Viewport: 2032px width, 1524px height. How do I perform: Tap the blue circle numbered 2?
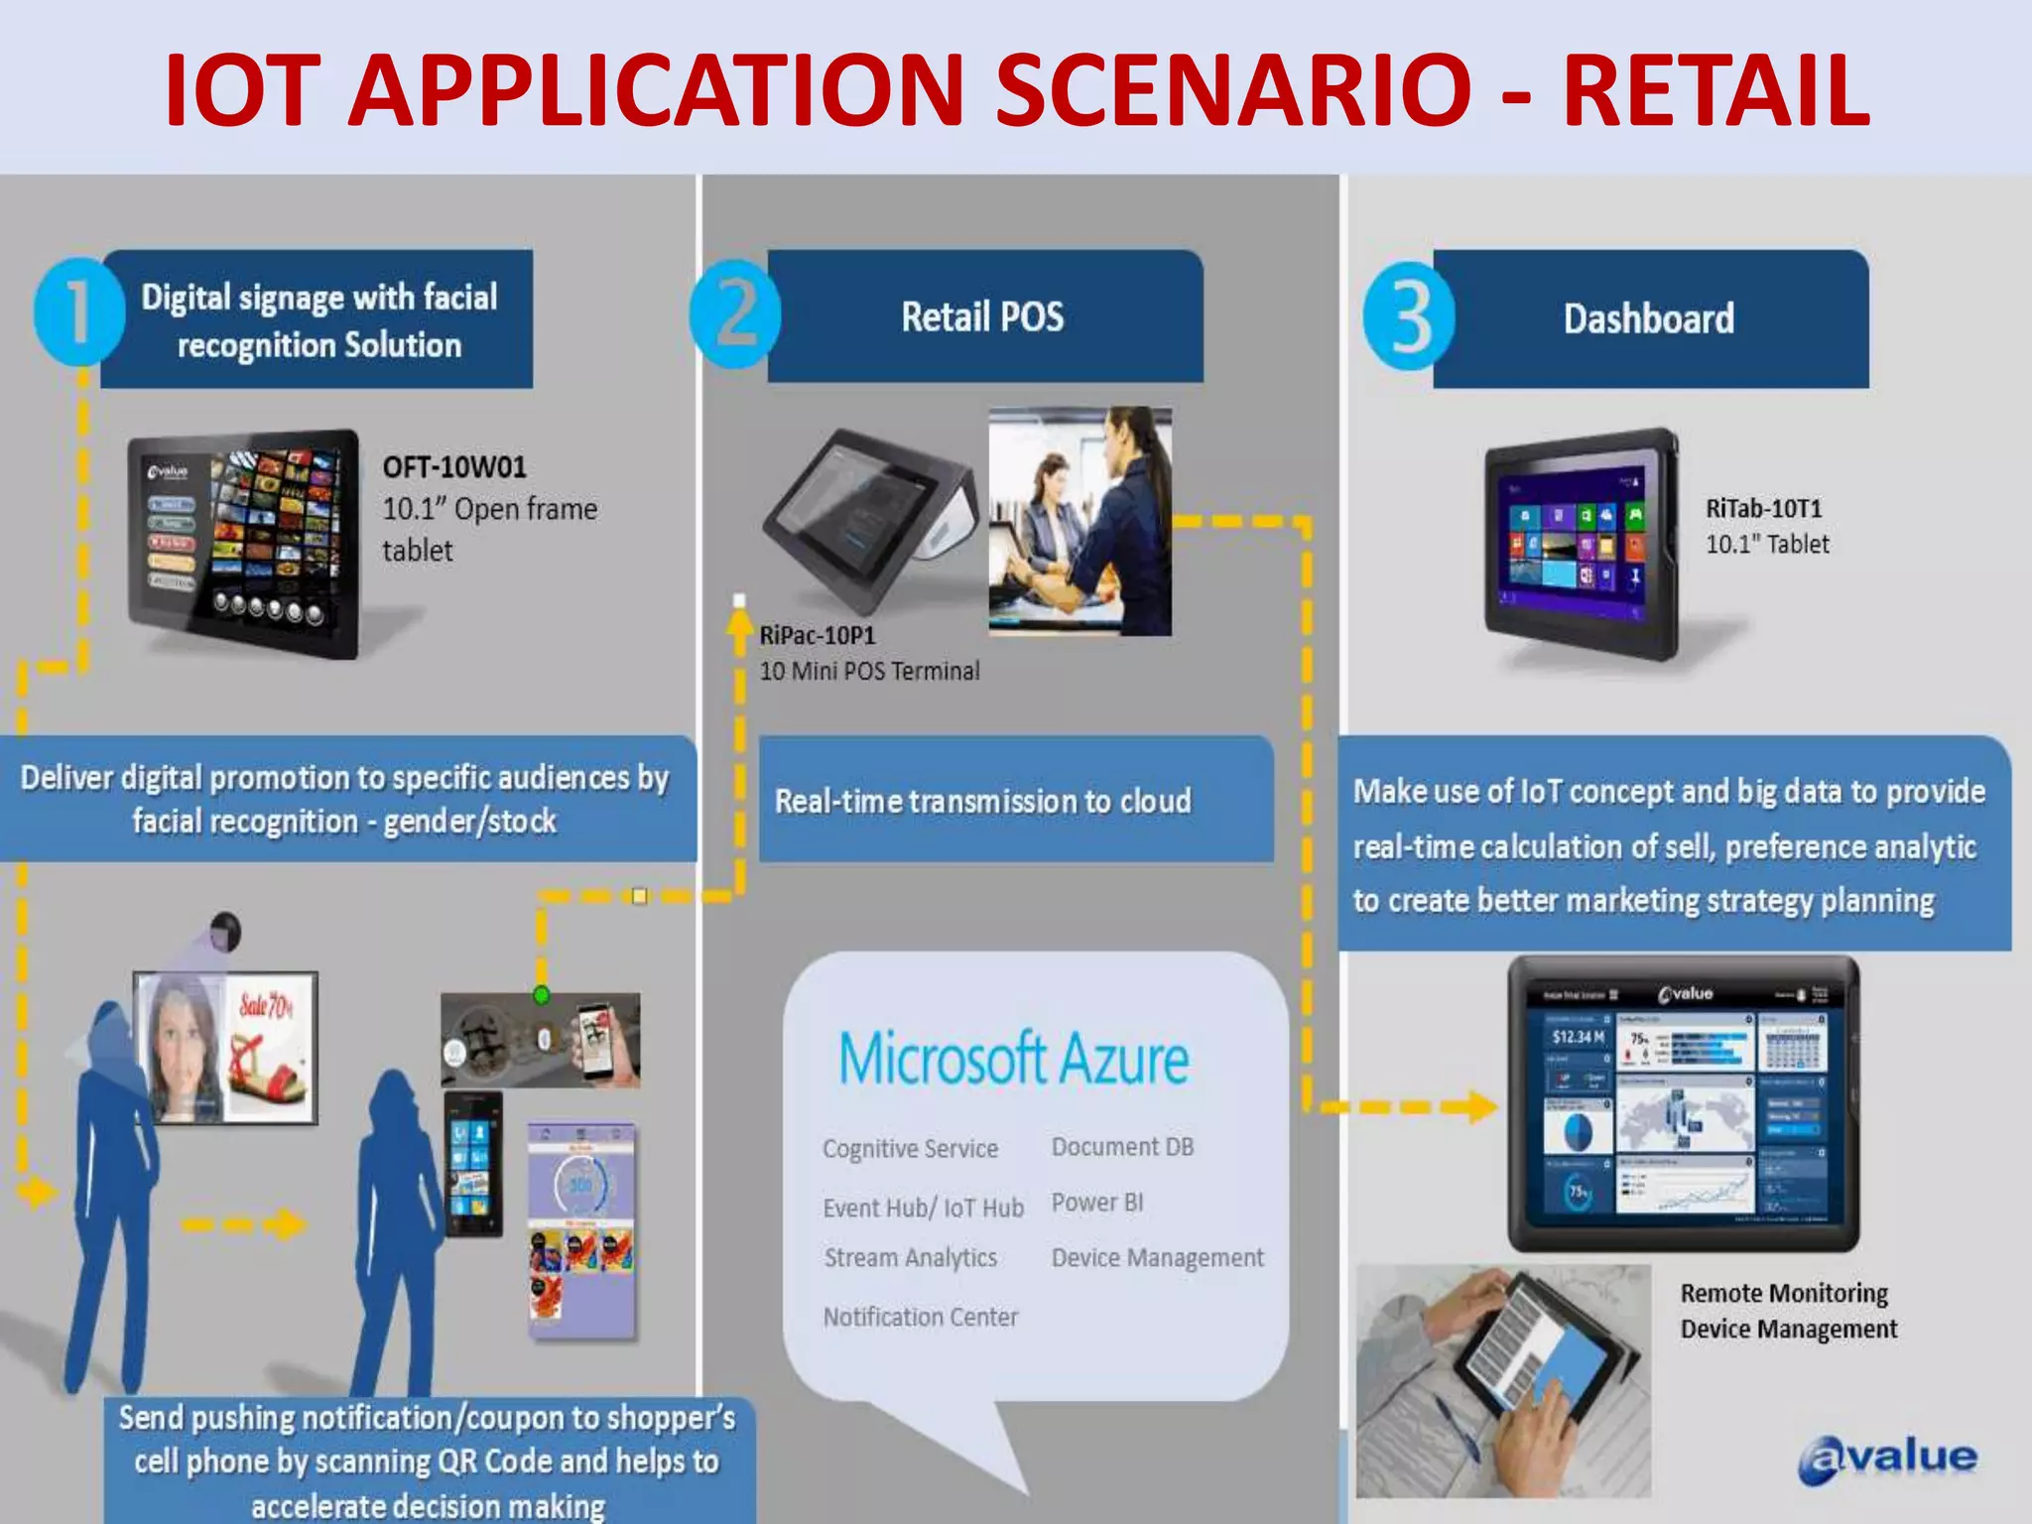735,315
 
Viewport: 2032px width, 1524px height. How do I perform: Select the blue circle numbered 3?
1409,317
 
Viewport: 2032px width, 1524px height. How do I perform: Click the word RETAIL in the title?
1716,91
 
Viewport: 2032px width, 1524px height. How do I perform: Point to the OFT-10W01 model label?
454,467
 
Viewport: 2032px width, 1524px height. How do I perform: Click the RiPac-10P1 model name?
818,636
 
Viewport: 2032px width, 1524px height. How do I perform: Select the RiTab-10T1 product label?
1764,509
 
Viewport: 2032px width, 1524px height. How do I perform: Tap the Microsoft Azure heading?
1013,1059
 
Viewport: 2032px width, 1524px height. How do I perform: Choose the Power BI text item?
1097,1203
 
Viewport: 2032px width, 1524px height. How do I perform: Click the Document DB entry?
1122,1147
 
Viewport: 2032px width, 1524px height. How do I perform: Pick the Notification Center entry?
920,1317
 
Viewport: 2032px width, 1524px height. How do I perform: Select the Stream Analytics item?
910,1258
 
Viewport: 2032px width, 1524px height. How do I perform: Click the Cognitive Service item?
910,1149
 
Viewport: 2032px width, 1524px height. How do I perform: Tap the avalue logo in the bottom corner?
1887,1459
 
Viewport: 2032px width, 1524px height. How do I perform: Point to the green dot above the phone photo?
541,994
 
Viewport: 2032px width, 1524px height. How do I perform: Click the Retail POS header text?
982,317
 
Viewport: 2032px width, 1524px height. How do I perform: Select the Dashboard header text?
1649,319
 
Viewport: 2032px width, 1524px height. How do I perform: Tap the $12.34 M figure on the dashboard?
1578,1037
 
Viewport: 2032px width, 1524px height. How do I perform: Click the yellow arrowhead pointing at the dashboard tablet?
1481,1106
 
